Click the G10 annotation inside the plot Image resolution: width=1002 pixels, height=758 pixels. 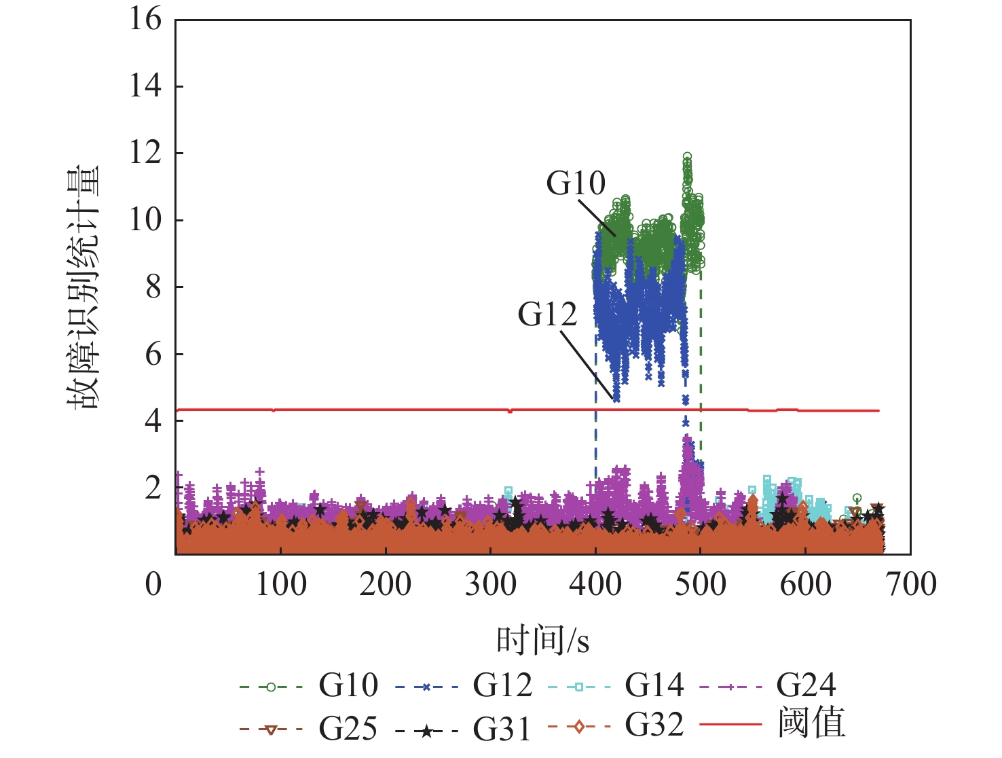click(576, 183)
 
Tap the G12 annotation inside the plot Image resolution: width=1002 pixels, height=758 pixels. click(547, 314)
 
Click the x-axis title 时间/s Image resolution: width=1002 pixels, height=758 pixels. click(542, 640)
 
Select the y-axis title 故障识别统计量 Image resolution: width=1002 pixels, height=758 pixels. click(83, 287)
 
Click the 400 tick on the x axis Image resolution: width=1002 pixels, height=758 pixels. click(595, 584)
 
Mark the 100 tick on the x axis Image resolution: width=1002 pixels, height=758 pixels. click(280, 584)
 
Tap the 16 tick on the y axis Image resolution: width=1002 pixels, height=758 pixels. click(146, 19)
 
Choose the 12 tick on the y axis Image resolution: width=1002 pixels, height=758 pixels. click(146, 153)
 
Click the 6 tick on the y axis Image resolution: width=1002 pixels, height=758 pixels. click(153, 354)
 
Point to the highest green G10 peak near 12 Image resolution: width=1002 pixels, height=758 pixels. click(687, 158)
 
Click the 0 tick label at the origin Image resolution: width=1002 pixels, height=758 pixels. click(153, 584)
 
